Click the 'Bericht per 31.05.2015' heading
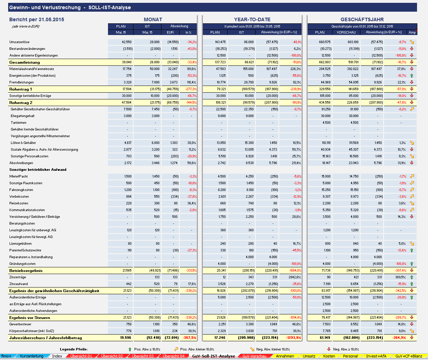pyautogui.click(x=37, y=19)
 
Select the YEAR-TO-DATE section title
pyautogui.click(x=252, y=19)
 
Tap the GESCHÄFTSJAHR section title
pyautogui.click(x=362, y=19)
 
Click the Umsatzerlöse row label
pyautogui.click(x=19, y=42)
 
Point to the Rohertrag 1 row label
pyautogui.click(x=21, y=89)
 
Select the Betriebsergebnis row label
pyautogui.click(x=26, y=271)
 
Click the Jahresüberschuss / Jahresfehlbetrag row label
pyautogui.click(x=45, y=338)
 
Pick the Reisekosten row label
pyautogui.click(x=19, y=203)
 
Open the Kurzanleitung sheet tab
pyautogui.click(x=32, y=356)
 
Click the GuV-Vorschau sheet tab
pyautogui.click(x=254, y=356)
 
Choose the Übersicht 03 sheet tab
pyautogui.click(x=143, y=356)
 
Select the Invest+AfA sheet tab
pyautogui.click(x=376, y=356)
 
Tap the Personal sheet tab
pyautogui.click(x=350, y=356)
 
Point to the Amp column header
pyautogui.click(x=412, y=32)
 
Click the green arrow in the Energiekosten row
pyautogui.click(x=412, y=76)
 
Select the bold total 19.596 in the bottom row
pyautogui.click(x=126, y=338)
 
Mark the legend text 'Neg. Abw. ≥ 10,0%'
pyautogui.click(x=346, y=349)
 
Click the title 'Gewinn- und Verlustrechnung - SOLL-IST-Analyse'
pyautogui.click(x=70, y=7)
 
